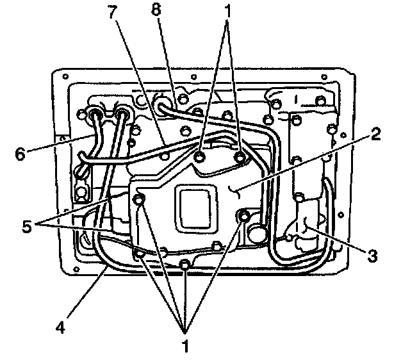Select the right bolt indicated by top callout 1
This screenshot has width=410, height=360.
(x=241, y=158)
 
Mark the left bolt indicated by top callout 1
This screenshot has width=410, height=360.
(x=201, y=158)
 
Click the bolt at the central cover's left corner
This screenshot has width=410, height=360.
(x=138, y=200)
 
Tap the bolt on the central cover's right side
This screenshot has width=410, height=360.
(x=243, y=217)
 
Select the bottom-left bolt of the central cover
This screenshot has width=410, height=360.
(x=140, y=256)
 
